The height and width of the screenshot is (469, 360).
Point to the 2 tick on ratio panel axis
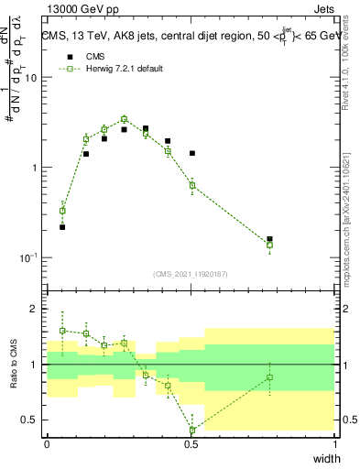click(37, 309)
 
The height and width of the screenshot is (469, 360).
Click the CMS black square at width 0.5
click(192, 153)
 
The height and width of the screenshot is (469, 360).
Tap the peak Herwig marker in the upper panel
click(125, 119)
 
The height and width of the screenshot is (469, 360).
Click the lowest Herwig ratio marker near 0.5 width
click(192, 430)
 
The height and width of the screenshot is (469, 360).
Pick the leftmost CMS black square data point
click(62, 226)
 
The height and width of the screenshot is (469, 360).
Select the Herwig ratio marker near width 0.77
click(269, 377)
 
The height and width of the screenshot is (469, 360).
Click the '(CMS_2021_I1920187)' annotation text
click(191, 274)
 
